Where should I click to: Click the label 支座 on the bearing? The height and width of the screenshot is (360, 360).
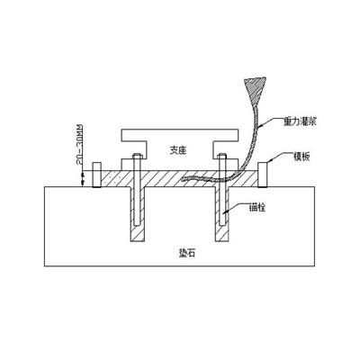point(178,150)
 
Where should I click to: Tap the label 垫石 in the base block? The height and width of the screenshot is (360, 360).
point(186,253)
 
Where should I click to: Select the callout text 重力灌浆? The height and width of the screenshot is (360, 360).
point(300,121)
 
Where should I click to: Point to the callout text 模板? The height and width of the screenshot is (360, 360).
point(301,157)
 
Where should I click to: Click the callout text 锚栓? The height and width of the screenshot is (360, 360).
point(257,207)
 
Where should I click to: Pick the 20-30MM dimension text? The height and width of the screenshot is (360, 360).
point(80,145)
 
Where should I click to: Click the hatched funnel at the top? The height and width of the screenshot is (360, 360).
point(255,87)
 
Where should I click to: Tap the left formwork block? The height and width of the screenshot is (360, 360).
point(96,175)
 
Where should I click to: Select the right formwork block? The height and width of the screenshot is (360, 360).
point(263,175)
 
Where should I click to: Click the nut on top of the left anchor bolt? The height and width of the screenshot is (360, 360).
point(137,156)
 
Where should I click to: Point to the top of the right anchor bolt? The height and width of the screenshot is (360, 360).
point(222,156)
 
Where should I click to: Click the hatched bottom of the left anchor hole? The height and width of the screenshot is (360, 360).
point(138,233)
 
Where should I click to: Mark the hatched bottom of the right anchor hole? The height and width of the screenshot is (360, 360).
point(222,233)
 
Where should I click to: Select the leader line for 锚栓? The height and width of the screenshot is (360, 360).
point(237,208)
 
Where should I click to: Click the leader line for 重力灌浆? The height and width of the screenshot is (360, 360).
point(271,121)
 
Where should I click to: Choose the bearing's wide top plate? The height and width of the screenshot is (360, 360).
point(179,135)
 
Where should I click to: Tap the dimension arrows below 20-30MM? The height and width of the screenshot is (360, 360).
point(81,178)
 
